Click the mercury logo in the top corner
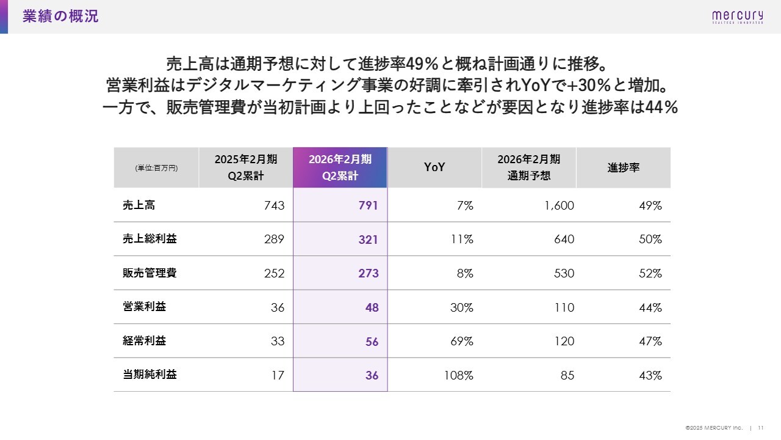pos(737,16)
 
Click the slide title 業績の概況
pos(60,16)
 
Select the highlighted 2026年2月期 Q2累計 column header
pos(340,167)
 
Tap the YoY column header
pos(434,167)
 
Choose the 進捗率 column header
pos(623,167)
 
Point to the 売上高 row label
pos(139,205)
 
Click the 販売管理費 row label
pos(149,273)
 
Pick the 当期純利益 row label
pos(149,375)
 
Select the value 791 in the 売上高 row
pos(368,206)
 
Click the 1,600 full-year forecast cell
pos(558,206)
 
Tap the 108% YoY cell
pos(459,375)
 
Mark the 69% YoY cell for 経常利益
pos(462,342)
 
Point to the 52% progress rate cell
pos(650,274)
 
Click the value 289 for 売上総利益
pos(274,240)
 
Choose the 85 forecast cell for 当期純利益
pos(567,375)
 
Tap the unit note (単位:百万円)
pos(156,168)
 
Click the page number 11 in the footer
pos(761,428)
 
